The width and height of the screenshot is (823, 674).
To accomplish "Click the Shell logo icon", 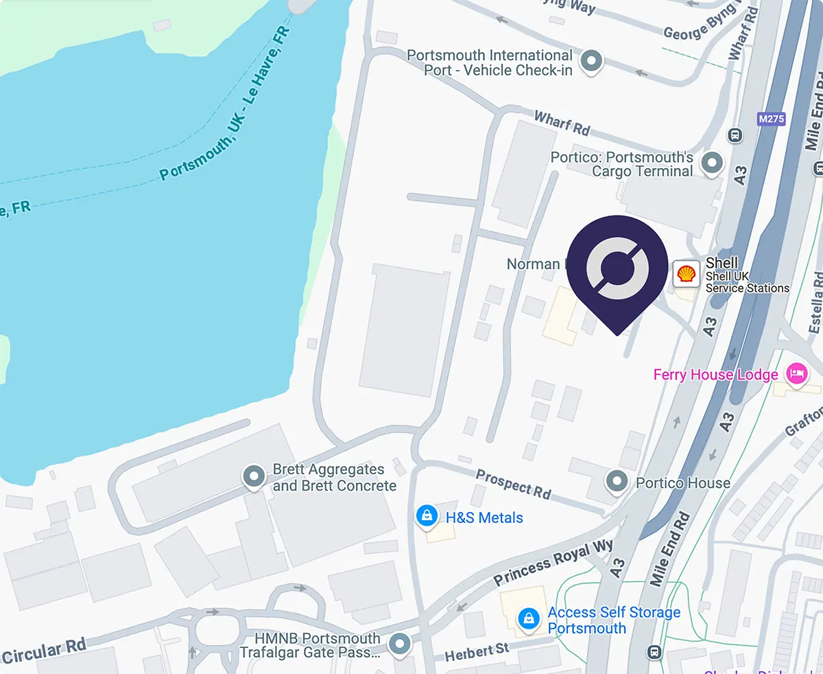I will (x=686, y=275).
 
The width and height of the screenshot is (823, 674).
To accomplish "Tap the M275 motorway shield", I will (x=771, y=119).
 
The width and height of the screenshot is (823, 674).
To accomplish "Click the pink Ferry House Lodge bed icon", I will (x=796, y=374).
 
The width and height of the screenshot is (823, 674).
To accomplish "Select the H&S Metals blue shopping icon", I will (x=427, y=516).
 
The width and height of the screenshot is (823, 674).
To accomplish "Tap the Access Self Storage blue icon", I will (x=528, y=618).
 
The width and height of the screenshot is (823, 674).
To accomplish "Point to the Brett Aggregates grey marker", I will (x=255, y=476).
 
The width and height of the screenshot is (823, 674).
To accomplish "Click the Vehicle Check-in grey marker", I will (x=591, y=62).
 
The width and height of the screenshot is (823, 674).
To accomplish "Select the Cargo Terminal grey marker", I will (x=714, y=163).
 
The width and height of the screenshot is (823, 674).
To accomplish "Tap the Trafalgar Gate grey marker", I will (x=399, y=644).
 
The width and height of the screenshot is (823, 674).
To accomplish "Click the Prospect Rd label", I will (x=514, y=485).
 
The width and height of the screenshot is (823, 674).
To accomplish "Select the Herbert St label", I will (x=477, y=651).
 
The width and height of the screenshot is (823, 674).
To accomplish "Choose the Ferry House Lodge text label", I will (x=715, y=375).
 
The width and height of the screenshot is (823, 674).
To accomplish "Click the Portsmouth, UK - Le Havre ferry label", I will (x=226, y=104).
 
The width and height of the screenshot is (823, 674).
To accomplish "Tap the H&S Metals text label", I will (x=484, y=518).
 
